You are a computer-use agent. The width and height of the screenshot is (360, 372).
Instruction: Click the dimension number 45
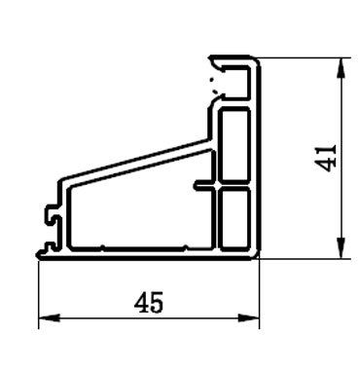[149, 304]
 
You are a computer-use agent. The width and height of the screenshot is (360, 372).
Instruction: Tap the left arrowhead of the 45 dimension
[44, 318]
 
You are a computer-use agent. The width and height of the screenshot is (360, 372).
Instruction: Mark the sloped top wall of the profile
[136, 161]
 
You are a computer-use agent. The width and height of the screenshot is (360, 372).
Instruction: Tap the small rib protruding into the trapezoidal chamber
[202, 183]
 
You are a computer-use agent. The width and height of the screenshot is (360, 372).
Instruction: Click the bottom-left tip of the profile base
[39, 256]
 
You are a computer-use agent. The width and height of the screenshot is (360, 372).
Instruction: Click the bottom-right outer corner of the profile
[260, 257]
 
